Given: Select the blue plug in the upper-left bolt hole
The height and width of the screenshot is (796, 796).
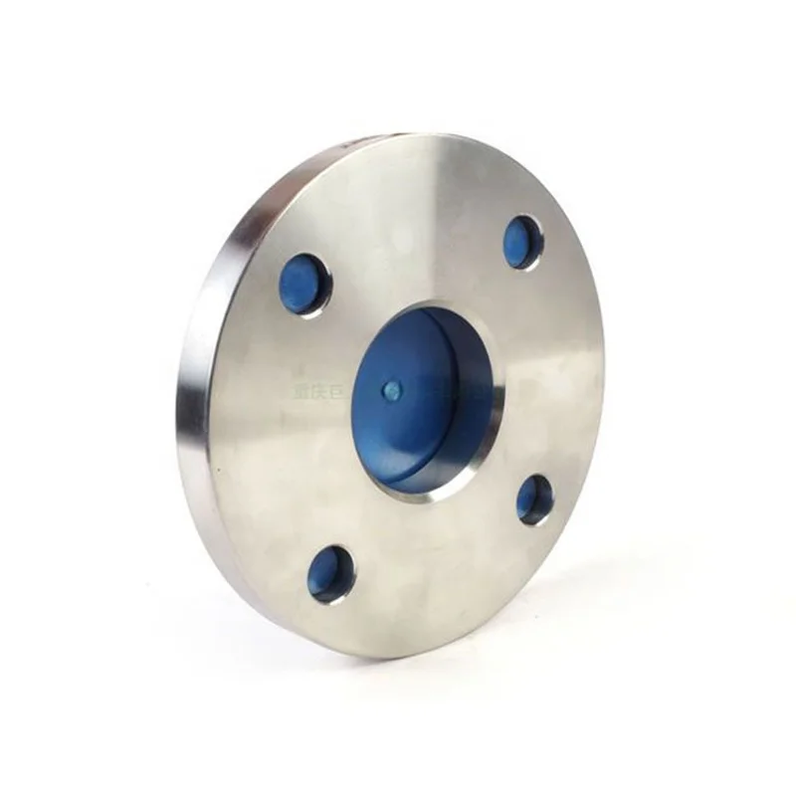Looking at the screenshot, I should [301, 285].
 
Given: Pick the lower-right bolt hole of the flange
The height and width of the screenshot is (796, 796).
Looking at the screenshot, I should [534, 498].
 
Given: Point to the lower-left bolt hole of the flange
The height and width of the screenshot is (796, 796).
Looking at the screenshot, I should [330, 574].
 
